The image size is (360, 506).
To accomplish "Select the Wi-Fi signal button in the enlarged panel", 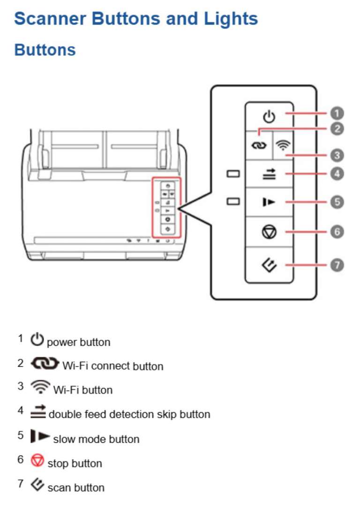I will tap(281, 145).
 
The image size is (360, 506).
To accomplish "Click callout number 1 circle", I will tap(337, 113).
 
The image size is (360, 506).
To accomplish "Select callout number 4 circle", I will tap(337, 174).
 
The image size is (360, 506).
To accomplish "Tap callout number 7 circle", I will tap(337, 265).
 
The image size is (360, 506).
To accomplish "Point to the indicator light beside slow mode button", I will tap(233, 201).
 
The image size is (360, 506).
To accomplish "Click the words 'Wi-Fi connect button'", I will tap(112, 366).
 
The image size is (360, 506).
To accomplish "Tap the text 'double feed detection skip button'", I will tap(129, 414).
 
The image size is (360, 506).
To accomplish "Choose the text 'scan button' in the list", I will tap(76, 487).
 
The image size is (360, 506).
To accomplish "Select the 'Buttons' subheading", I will tap(45, 50).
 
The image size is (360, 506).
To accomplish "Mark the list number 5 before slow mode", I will tap(21, 435).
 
